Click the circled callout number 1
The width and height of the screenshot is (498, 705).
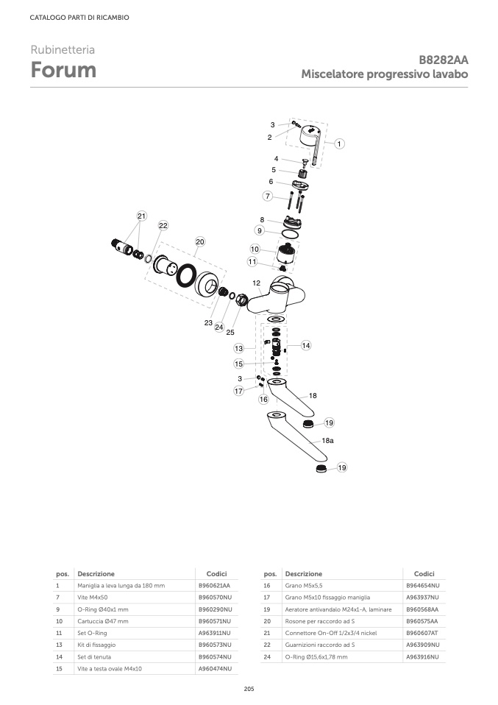point(340,144)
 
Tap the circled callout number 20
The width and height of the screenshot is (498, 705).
point(199,241)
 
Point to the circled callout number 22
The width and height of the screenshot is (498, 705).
point(163,225)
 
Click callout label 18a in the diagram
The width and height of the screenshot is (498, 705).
point(327,439)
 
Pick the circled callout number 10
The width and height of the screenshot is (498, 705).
point(255,249)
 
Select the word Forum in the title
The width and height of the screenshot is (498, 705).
point(63,71)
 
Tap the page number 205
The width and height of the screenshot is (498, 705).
point(249,689)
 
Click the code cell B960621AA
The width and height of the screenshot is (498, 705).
point(215,585)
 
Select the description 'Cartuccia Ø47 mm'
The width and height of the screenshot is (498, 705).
point(103,620)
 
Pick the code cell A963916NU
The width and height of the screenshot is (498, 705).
point(422,656)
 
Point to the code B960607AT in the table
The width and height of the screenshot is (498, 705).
point(422,632)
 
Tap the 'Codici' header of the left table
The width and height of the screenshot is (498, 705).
point(216,573)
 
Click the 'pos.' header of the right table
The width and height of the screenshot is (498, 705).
point(270,573)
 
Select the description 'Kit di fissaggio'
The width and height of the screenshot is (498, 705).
point(99,644)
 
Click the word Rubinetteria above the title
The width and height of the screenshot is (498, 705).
point(63,50)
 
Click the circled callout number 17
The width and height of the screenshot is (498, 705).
point(238,392)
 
